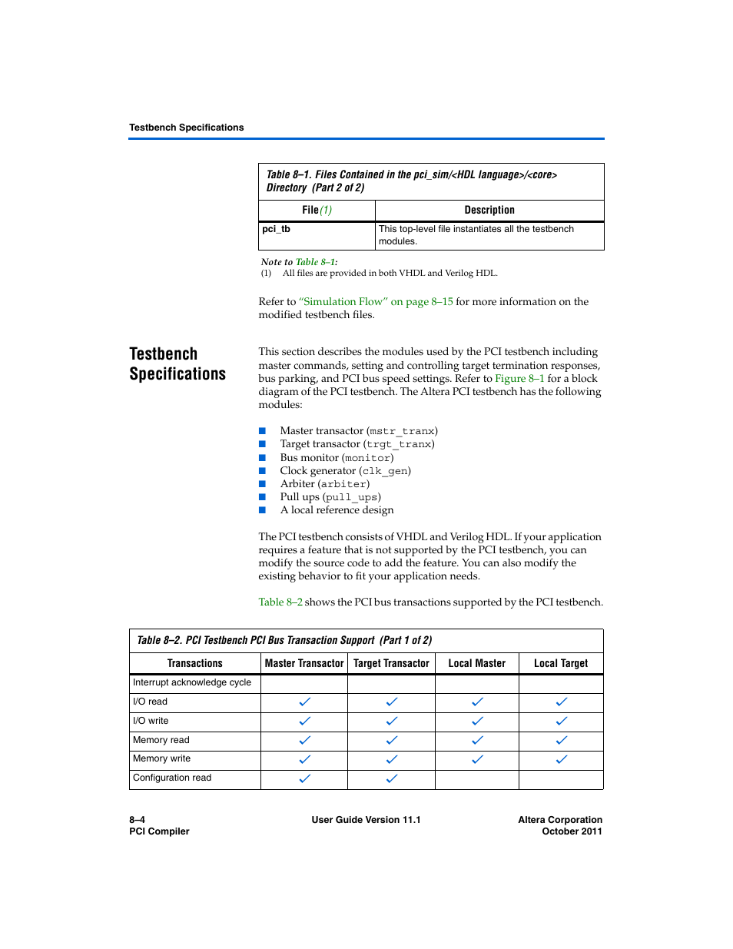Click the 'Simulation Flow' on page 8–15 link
coord(376,302)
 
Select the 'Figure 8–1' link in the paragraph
coord(519,379)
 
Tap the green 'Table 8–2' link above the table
coord(280,602)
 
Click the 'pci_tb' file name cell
coord(276,229)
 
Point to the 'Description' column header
coord(489,211)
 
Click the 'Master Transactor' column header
coord(304,664)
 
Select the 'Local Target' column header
coord(561,664)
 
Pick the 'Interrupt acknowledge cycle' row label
coord(192,682)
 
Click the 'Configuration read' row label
coord(172,778)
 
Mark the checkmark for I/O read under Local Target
coord(562,702)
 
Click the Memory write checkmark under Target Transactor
coord(392,759)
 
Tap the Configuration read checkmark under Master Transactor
coord(304,778)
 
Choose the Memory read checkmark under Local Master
coord(477,740)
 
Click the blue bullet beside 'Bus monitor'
coord(262,457)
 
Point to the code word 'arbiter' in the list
coord(343,484)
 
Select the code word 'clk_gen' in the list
coord(385,471)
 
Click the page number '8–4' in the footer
coord(138,820)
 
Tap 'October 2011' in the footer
coord(572,831)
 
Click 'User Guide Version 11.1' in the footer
coord(366,820)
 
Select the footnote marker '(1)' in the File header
coord(326,211)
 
